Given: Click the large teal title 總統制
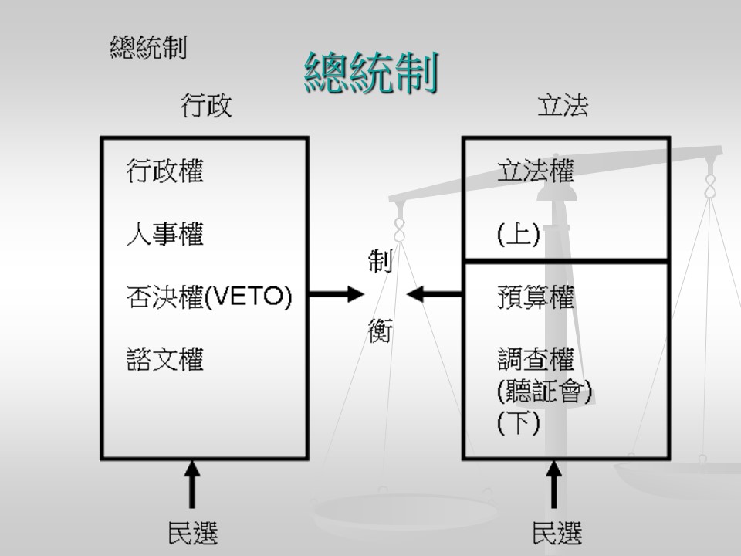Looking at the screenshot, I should pyautogui.click(x=371, y=74).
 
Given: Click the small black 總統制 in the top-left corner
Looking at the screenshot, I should pyautogui.click(x=148, y=48).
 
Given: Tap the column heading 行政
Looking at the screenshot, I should pyautogui.click(x=205, y=106).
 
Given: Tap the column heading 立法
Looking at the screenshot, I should pyautogui.click(x=563, y=106).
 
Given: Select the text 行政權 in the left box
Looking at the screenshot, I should pyautogui.click(x=164, y=171).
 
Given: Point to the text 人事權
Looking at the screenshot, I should pyautogui.click(x=164, y=234).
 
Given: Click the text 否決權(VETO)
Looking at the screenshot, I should pyautogui.click(x=209, y=297).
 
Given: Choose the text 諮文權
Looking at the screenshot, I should pyautogui.click(x=164, y=360).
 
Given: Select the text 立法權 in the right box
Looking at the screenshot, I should pyautogui.click(x=535, y=171).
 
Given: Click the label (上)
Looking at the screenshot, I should pyautogui.click(x=518, y=234).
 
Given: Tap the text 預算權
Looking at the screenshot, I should pyautogui.click(x=535, y=297).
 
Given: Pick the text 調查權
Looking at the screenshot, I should pyautogui.click(x=535, y=360).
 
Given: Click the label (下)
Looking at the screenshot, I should pyautogui.click(x=518, y=424).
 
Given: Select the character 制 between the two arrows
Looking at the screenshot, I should pyautogui.click(x=380, y=262).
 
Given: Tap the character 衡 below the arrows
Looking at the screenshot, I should pyautogui.click(x=380, y=331).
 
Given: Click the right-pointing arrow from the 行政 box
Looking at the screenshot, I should pyautogui.click(x=337, y=293).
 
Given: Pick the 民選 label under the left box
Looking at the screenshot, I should pyautogui.click(x=192, y=533).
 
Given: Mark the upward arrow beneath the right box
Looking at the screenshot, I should pyautogui.click(x=554, y=484).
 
